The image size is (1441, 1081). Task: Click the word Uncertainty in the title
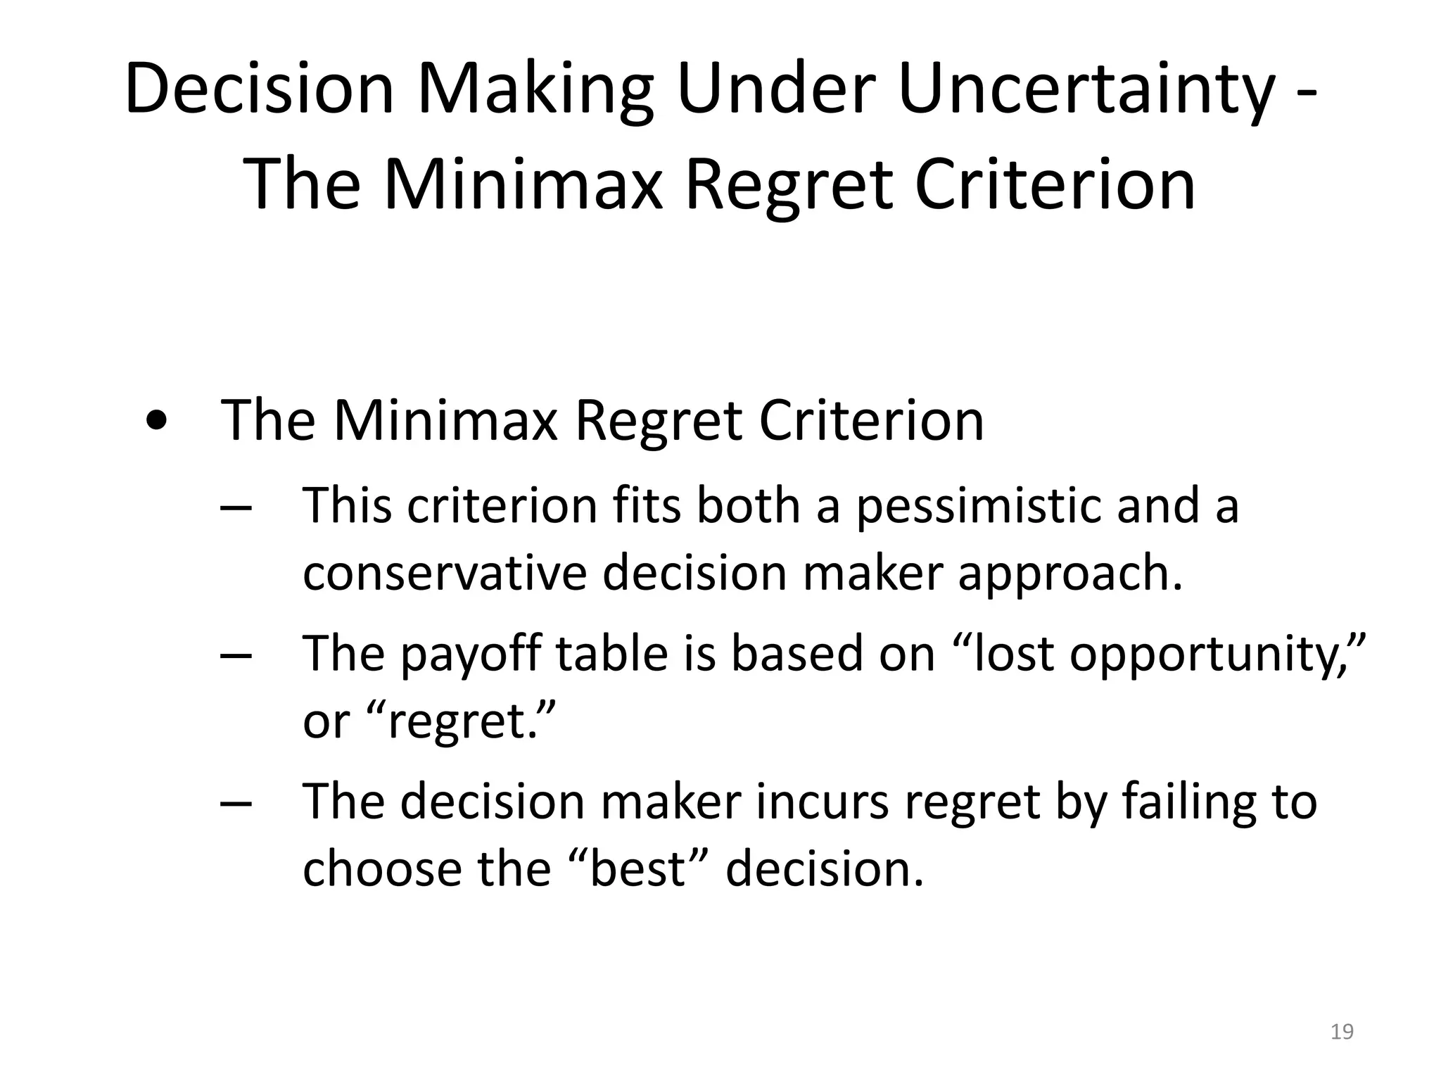[1086, 89]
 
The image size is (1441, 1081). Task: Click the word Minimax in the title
[523, 184]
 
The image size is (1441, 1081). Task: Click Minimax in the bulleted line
[445, 420]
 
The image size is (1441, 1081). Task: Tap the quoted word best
[637, 868]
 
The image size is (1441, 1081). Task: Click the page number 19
[1342, 1032]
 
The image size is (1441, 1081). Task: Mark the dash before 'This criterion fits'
[236, 508]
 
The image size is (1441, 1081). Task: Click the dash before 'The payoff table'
[236, 656]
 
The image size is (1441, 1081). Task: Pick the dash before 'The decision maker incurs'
[236, 804]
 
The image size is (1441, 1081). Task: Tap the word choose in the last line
[381, 868]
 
